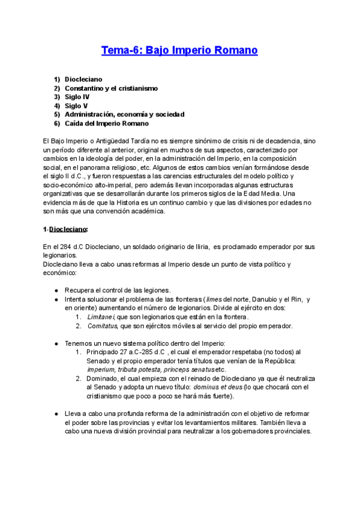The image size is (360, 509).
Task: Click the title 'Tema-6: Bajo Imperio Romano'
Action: point(179,51)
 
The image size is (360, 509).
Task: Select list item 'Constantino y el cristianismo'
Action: point(111,88)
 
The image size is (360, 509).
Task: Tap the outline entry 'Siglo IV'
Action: point(77,97)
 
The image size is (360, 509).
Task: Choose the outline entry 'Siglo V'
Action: point(76,106)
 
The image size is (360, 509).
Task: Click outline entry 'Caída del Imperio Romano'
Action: point(106,123)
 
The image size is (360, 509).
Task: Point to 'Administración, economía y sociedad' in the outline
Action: point(124,114)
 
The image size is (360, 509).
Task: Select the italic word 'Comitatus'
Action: point(101,326)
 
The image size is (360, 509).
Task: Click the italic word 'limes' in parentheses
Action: point(214,300)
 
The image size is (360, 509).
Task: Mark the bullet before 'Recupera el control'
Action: point(56,291)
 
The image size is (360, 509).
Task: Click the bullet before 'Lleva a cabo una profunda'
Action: point(56,414)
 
